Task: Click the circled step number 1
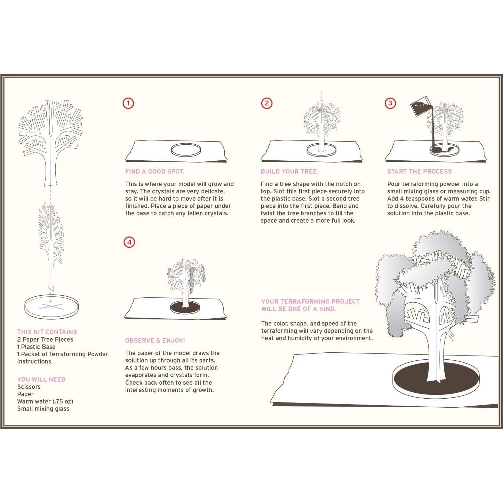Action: click(128, 103)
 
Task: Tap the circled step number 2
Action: click(267, 103)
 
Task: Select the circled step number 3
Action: click(390, 103)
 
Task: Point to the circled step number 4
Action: click(129, 242)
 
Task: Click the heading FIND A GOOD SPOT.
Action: click(155, 171)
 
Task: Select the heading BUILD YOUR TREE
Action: click(289, 171)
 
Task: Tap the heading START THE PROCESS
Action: click(420, 171)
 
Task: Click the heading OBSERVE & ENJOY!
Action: click(155, 341)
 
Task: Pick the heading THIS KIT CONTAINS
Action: click(47, 332)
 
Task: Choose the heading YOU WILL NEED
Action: click(41, 380)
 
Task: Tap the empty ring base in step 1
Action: click(186, 150)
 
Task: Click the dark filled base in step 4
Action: click(185, 307)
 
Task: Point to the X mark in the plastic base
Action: click(51, 306)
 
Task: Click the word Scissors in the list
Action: click(29, 387)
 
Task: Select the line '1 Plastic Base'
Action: click(37, 347)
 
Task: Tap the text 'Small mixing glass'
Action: click(43, 409)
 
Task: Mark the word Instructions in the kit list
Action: click(34, 361)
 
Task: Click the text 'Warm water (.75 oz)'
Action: click(45, 401)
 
